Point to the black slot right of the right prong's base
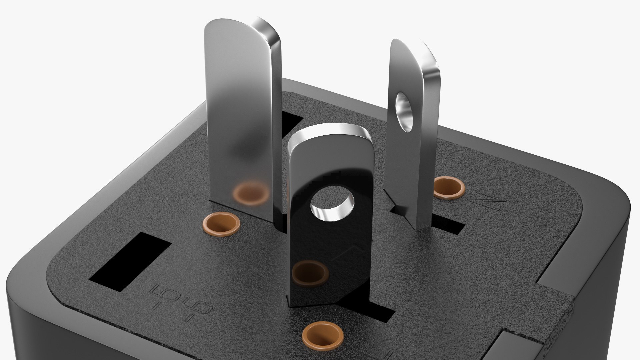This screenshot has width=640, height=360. click(x=448, y=225)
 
